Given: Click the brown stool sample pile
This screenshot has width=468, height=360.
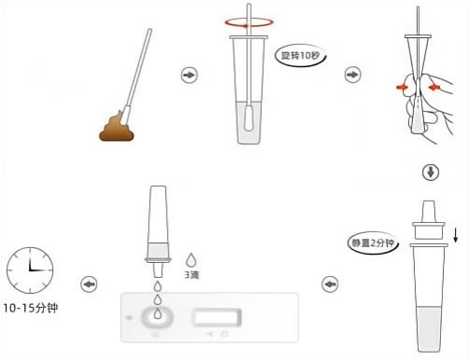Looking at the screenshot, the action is coord(117,128).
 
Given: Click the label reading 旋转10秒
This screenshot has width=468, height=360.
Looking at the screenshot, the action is coord(300,56).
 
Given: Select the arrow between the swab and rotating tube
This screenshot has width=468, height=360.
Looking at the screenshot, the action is coord(189,75).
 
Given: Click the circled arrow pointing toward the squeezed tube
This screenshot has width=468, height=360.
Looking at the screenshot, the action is coord(352,75).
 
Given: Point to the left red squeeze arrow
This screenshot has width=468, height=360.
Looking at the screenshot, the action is coord(402,88).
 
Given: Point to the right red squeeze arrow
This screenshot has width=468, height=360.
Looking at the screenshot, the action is coord(434,88).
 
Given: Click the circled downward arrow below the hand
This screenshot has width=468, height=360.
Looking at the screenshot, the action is coord(431,173).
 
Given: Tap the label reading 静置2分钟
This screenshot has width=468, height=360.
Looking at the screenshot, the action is coord(372,242).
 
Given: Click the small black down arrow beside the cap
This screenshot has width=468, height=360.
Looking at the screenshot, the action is coord(455,235).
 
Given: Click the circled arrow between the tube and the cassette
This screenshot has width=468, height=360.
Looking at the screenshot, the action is coord(330,284).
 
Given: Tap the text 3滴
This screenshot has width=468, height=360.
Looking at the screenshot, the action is coord(191,275).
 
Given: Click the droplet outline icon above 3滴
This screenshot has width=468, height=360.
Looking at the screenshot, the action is coord(191,260).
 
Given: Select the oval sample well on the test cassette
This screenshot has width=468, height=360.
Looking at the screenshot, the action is coord(158,317).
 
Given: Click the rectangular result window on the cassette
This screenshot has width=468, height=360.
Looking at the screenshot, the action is coord(217,317).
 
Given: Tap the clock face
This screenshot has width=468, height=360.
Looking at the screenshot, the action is coord(30,270).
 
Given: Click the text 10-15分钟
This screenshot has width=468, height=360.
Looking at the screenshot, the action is coord(31,308).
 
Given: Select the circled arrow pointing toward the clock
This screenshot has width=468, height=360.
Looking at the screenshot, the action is coord(89,284).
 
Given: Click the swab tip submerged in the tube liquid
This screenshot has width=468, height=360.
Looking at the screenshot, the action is coord(249,118).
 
